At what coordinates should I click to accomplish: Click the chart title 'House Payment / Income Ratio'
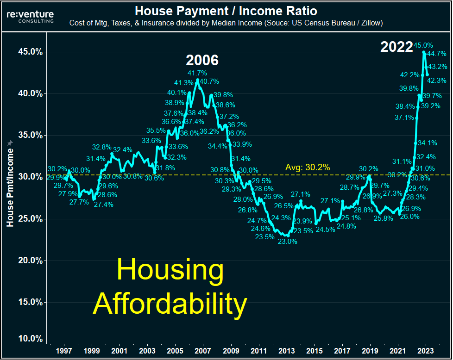[x=226, y=10]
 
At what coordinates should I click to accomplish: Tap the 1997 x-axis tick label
[x=64, y=351]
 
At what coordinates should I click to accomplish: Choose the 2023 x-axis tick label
[x=426, y=351]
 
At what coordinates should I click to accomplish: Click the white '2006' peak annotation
[x=202, y=60]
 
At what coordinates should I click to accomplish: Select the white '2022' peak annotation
[x=396, y=47]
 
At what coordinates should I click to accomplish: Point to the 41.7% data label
[x=197, y=73]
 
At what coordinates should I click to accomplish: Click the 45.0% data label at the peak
[x=424, y=45]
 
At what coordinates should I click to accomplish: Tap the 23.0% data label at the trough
[x=287, y=241]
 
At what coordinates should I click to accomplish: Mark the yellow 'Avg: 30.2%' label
[x=308, y=168]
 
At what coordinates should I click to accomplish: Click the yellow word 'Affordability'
[x=170, y=304]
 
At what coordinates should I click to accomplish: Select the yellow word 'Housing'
[x=170, y=271]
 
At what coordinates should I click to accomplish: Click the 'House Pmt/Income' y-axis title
[x=10, y=184]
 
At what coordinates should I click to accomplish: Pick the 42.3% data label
[x=437, y=80]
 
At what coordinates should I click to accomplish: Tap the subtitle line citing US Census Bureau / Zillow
[x=226, y=23]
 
